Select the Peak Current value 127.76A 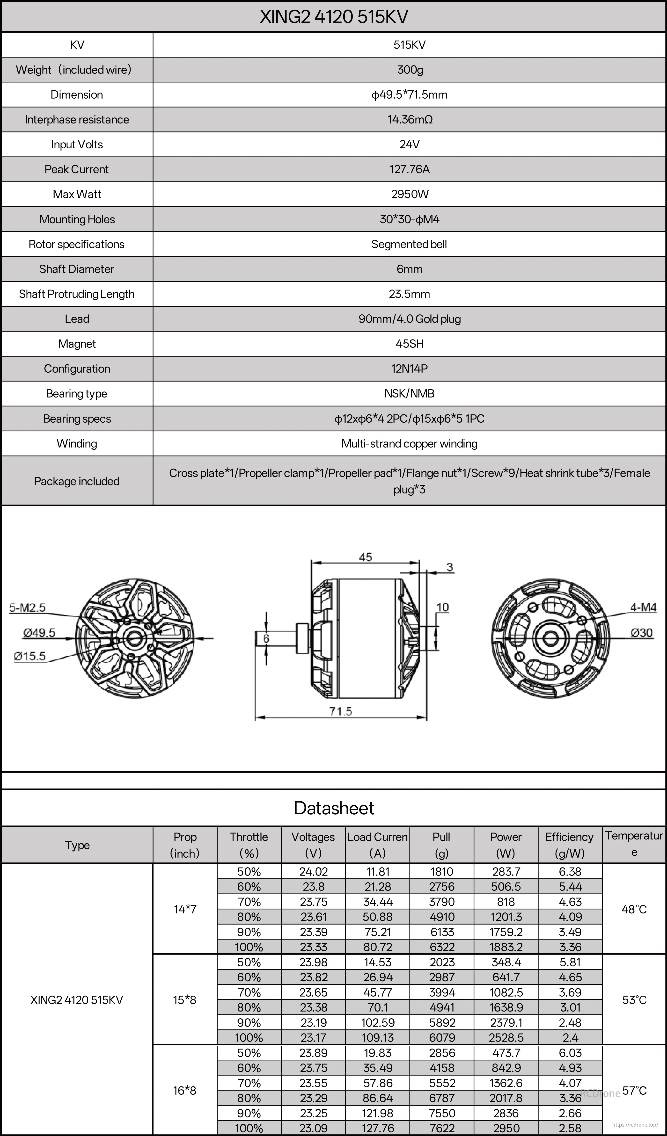pos(410,169)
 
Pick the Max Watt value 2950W pos(410,194)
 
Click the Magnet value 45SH pos(410,344)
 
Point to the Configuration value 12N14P pos(410,369)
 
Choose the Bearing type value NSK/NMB pos(410,394)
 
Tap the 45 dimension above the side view pos(365,557)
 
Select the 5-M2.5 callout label pos(28,608)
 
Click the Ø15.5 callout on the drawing pos(30,656)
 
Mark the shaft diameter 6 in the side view pos(266,638)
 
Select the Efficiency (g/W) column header pos(570,845)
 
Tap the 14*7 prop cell pos(185,909)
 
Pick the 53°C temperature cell pos(634,1000)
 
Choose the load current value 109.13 pos(377,1038)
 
